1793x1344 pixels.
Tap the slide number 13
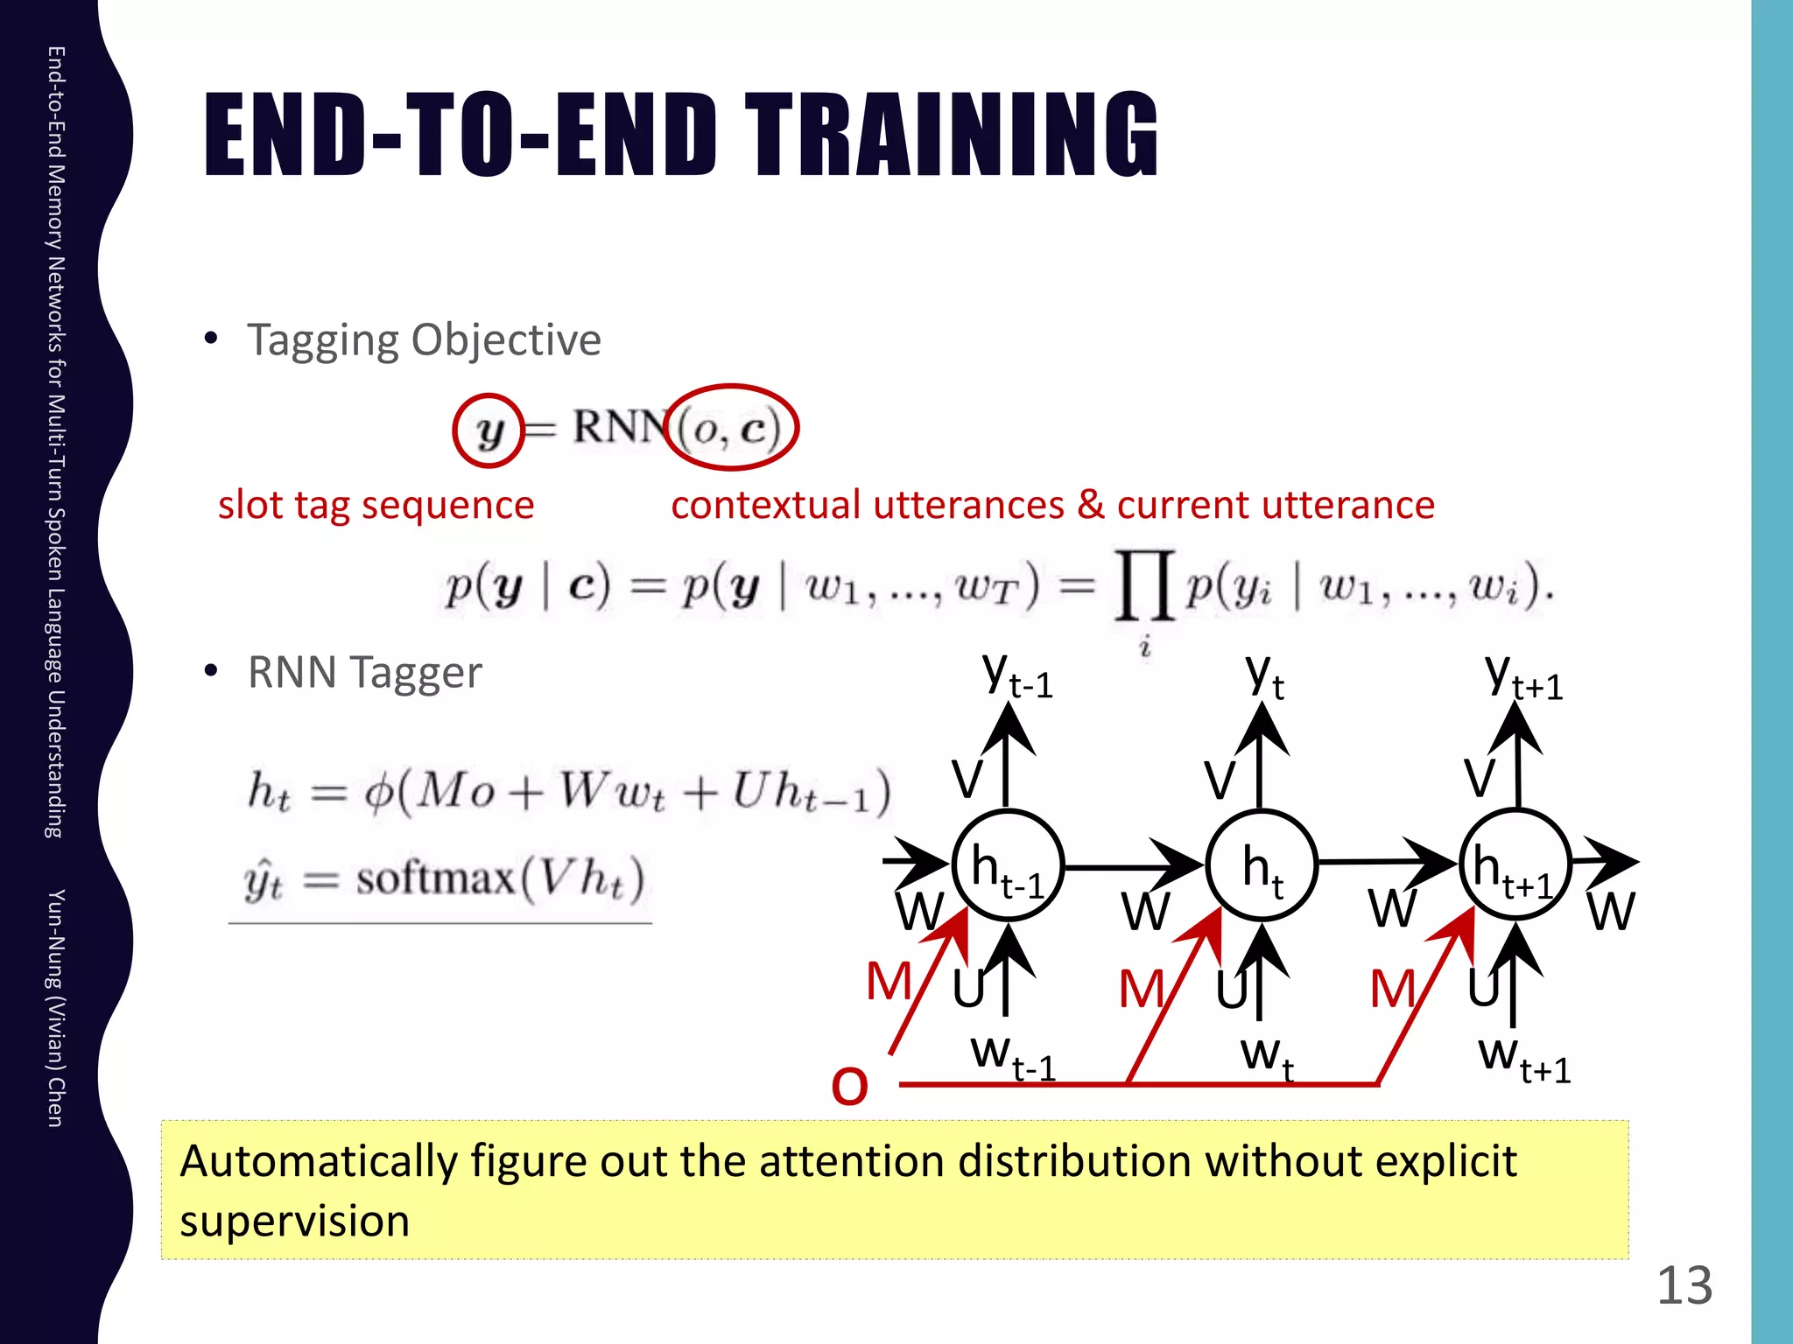point(1684,1285)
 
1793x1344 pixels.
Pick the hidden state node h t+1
point(1515,864)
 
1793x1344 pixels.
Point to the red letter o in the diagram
point(849,1085)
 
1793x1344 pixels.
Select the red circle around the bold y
point(488,430)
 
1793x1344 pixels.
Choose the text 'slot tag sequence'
point(376,505)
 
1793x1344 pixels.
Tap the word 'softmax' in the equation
point(435,878)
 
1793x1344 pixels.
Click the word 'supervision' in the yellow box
point(294,1221)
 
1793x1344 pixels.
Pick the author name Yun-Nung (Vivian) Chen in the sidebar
point(54,1007)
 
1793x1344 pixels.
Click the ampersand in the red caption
point(1090,505)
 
